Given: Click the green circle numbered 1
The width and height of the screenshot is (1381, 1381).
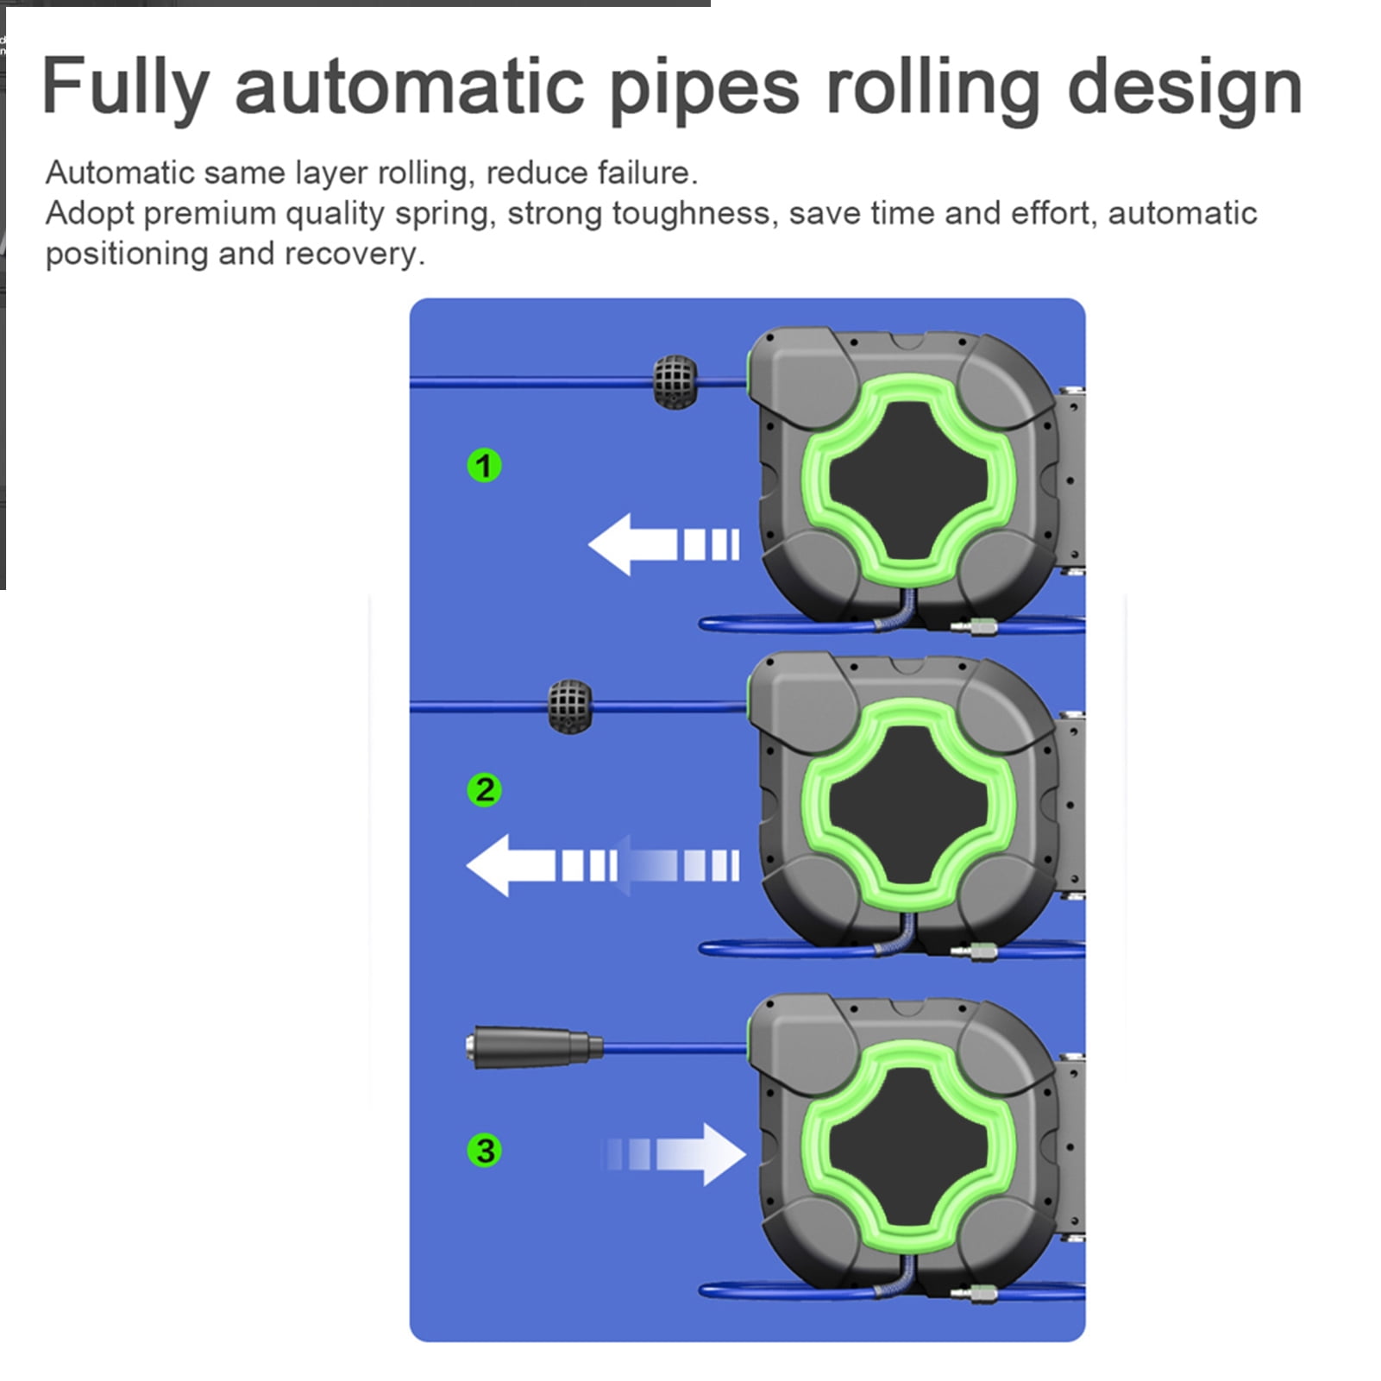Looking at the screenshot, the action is [x=484, y=466].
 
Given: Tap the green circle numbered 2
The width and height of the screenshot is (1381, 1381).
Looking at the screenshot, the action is [x=484, y=790].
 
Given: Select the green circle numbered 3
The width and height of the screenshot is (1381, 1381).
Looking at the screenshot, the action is [x=484, y=1150].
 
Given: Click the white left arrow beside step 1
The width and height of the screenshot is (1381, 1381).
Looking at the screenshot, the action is [x=663, y=544].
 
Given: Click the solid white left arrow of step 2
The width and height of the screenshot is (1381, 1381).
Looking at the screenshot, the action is [x=542, y=865].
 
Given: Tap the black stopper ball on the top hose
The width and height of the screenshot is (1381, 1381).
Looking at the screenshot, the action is [x=675, y=381].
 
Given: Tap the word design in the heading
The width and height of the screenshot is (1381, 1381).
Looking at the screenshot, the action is [x=1184, y=88].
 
